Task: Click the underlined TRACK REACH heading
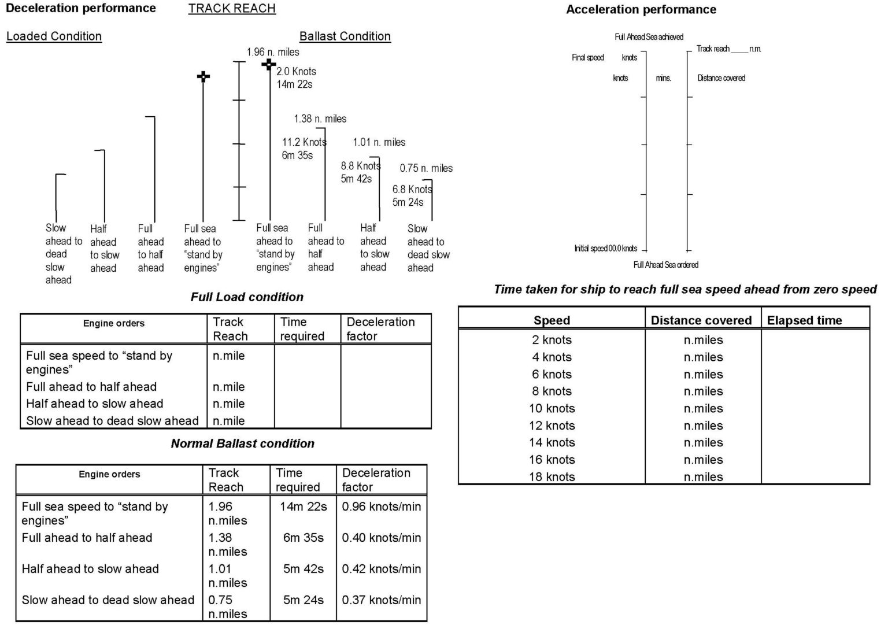(232, 9)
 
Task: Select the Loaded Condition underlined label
(54, 36)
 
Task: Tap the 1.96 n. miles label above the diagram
(273, 52)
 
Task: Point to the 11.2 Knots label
(304, 142)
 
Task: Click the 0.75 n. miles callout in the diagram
(426, 168)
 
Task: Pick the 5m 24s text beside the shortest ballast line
(408, 202)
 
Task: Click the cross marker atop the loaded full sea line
(203, 76)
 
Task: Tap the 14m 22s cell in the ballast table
(303, 507)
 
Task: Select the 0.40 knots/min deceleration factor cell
(381, 538)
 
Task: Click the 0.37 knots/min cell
(381, 600)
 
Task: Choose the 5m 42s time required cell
(303, 569)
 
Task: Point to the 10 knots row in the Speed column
(552, 409)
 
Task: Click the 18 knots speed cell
(552, 477)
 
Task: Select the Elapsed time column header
(804, 321)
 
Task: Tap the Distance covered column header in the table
(701, 321)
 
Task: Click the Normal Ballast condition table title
(243, 444)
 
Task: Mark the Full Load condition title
(247, 297)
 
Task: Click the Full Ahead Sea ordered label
(665, 265)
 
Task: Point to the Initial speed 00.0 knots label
(605, 249)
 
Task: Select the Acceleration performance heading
(641, 10)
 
